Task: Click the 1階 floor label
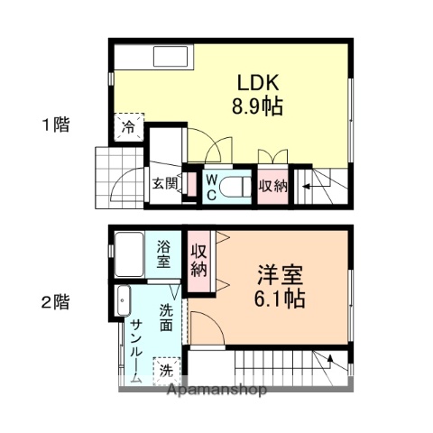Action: point(55,124)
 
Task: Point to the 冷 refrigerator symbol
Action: point(129,128)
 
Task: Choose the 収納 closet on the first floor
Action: point(273,187)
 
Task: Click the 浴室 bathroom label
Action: point(163,253)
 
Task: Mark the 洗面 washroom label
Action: point(167,317)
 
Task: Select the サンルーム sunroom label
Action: point(135,351)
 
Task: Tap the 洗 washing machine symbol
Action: point(166,369)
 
